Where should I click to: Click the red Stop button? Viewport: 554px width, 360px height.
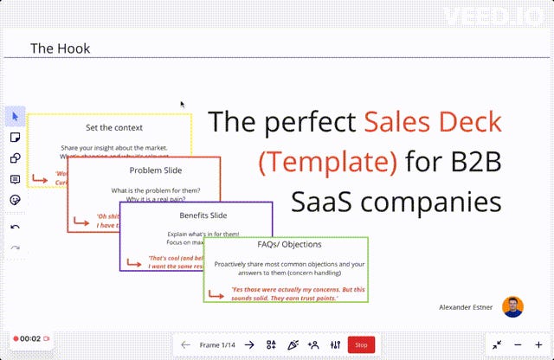361,344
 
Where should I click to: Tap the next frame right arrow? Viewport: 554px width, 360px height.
249,344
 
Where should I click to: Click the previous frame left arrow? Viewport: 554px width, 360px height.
185,344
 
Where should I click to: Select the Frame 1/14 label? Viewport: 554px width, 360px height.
217,344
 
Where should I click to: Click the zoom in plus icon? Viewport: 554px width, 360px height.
538,344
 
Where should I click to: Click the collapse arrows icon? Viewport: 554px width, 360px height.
498,344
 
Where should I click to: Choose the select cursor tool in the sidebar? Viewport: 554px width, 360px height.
15,116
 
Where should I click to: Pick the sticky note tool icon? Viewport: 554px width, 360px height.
15,137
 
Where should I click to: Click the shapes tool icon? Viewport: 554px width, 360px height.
15,157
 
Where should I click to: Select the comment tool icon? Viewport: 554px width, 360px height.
15,179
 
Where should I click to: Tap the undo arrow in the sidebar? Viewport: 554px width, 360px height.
15,227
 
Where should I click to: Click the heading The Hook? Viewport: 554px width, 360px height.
60,48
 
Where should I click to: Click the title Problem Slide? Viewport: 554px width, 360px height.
142,170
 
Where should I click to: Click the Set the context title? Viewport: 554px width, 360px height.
108,127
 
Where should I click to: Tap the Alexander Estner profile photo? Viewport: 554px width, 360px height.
513,306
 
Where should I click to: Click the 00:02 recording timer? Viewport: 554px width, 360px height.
30,338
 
